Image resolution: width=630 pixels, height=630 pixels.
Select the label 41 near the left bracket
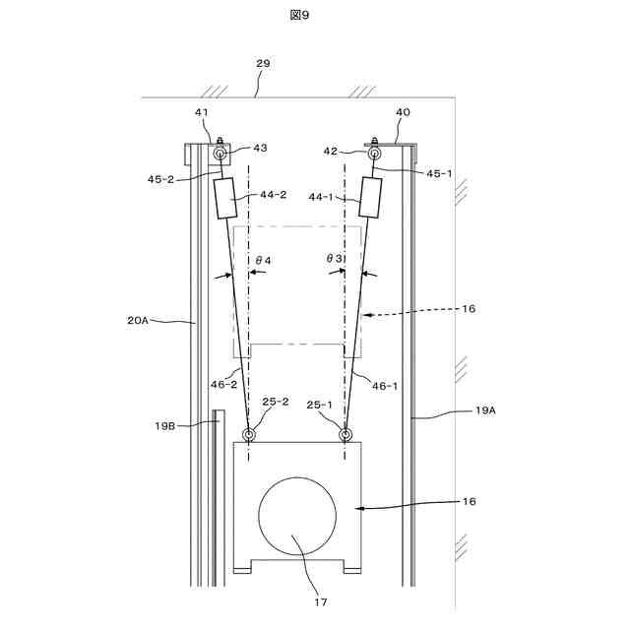click(202, 113)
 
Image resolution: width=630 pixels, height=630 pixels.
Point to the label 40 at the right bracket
click(403, 112)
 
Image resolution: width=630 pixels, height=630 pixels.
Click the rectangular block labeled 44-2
click(226, 199)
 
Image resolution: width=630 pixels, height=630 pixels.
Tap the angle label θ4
click(263, 260)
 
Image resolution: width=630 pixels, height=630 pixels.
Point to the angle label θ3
click(336, 258)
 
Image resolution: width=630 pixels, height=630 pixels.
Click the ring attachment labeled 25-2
click(249, 434)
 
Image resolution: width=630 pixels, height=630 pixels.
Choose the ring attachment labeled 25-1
click(346, 434)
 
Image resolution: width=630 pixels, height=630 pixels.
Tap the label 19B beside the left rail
click(164, 425)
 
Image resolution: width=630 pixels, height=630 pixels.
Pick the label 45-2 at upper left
click(162, 180)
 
